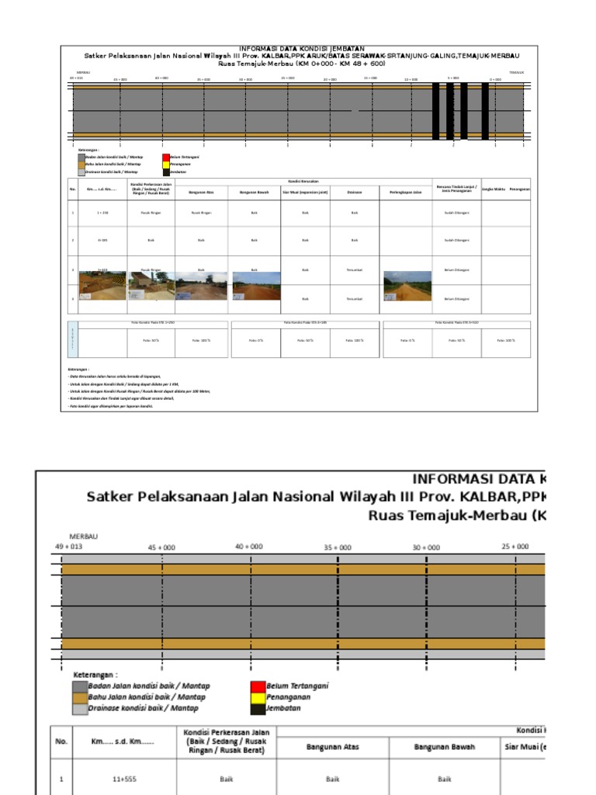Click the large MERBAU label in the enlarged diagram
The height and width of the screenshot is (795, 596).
(84, 536)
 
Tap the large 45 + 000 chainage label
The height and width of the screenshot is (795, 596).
(161, 547)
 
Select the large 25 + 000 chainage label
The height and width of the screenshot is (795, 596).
(515, 547)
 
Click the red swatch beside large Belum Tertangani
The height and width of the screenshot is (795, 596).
(257, 686)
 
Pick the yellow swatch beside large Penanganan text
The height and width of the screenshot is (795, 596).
(257, 697)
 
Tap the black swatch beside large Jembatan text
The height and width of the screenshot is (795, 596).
(257, 708)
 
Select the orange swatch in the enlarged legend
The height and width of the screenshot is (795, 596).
(79, 697)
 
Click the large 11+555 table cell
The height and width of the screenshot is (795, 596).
(124, 778)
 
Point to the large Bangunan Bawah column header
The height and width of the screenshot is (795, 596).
(444, 747)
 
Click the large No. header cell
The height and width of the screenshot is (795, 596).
(61, 741)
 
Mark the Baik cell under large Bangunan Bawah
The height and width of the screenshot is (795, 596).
(444, 778)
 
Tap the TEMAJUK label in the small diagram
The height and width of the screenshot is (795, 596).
(517, 72)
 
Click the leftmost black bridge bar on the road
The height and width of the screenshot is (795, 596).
(435, 111)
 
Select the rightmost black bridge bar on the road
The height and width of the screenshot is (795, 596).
(485, 111)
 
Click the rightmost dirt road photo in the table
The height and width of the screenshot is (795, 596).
(407, 286)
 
